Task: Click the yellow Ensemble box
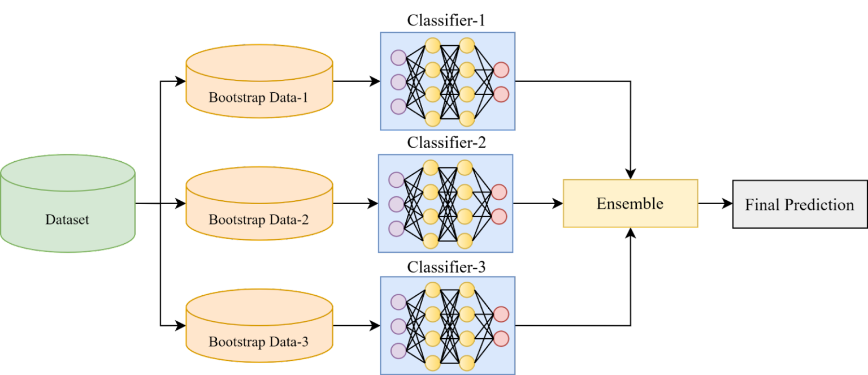pyautogui.click(x=630, y=204)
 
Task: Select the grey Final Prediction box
pyautogui.click(x=800, y=204)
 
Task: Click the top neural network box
pyautogui.click(x=447, y=81)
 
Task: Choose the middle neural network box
pyautogui.click(x=445, y=203)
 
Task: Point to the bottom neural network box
pyautogui.click(x=447, y=325)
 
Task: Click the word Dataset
pyautogui.click(x=67, y=219)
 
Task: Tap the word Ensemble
pyautogui.click(x=630, y=204)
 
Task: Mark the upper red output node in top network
pyautogui.click(x=501, y=70)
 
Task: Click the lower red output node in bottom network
pyautogui.click(x=501, y=338)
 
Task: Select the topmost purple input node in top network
pyautogui.click(x=398, y=58)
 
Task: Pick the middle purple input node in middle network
pyautogui.click(x=397, y=204)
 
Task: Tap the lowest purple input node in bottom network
pyautogui.click(x=398, y=351)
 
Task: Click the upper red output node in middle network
pyautogui.click(x=499, y=192)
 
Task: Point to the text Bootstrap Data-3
pyautogui.click(x=259, y=342)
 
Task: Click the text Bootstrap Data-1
pyautogui.click(x=259, y=97)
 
